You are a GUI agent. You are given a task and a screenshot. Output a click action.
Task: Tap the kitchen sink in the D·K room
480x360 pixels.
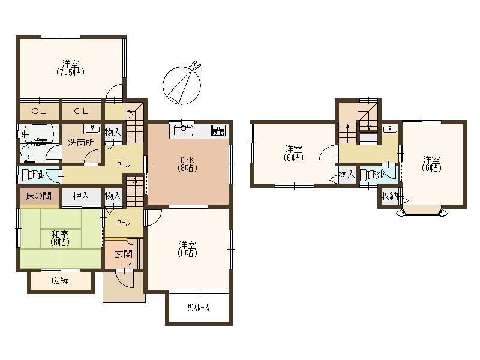click(182, 130)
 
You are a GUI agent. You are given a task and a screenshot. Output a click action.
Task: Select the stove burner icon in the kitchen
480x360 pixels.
click(218, 131)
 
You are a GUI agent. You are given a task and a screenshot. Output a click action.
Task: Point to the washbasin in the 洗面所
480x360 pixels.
click(92, 129)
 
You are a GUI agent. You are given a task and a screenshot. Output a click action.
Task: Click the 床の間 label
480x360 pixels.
click(38, 196)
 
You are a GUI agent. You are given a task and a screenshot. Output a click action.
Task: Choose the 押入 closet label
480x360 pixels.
click(81, 196)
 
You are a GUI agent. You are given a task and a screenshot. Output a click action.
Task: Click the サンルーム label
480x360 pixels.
click(198, 307)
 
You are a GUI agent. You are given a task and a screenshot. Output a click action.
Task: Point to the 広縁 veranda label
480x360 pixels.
click(60, 281)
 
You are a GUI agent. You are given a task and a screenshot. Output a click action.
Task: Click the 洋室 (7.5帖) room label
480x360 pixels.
click(70, 68)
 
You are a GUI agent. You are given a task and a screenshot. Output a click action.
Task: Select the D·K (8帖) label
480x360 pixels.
click(188, 163)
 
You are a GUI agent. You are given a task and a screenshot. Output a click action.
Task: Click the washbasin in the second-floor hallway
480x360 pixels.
click(391, 129)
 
